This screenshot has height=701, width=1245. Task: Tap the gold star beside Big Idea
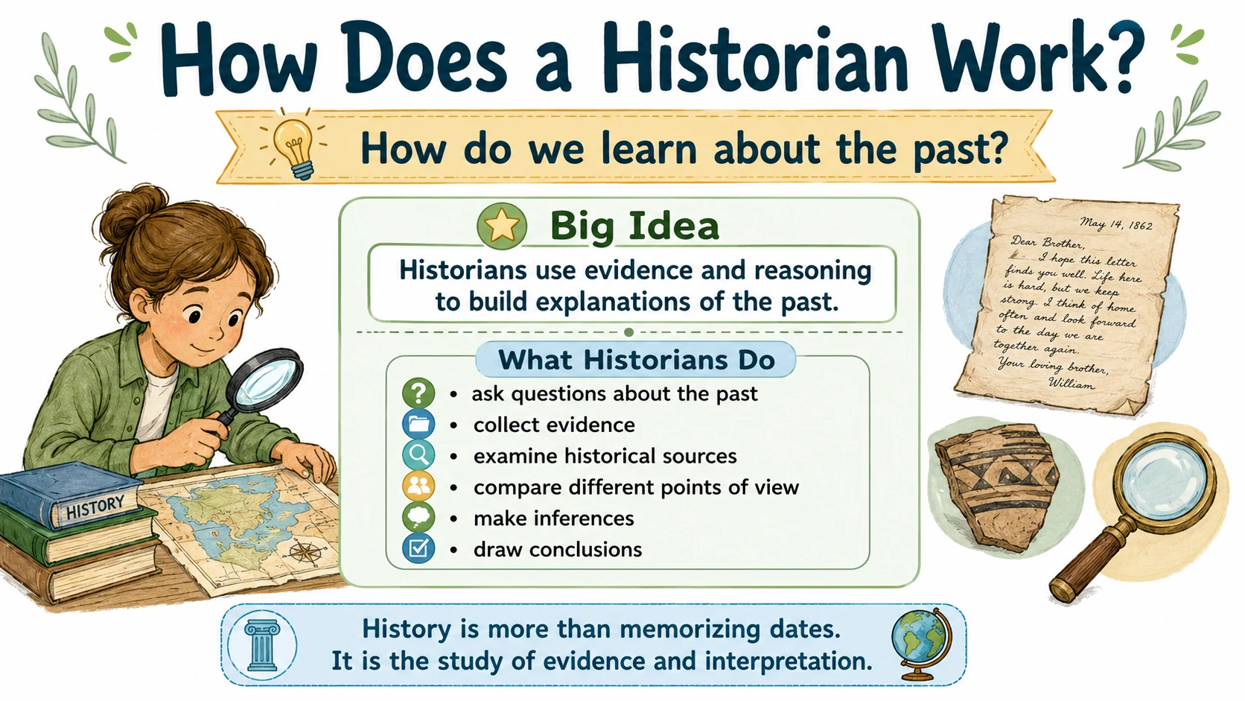(x=502, y=226)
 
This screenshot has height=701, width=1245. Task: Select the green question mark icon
(x=418, y=393)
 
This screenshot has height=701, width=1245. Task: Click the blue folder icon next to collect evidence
(x=418, y=424)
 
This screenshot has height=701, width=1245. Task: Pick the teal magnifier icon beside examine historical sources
(x=418, y=455)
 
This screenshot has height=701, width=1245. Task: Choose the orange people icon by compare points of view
(x=418, y=486)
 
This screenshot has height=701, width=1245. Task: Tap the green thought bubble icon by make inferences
(x=418, y=518)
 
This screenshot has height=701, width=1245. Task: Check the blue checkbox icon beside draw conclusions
(x=418, y=549)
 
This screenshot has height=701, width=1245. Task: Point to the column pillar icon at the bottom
(x=262, y=645)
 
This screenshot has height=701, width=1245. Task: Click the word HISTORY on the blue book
(x=95, y=507)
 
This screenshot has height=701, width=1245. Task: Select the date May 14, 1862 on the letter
(x=1115, y=224)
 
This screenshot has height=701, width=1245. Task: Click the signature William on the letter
(x=1071, y=382)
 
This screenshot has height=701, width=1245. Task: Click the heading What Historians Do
(x=637, y=360)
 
